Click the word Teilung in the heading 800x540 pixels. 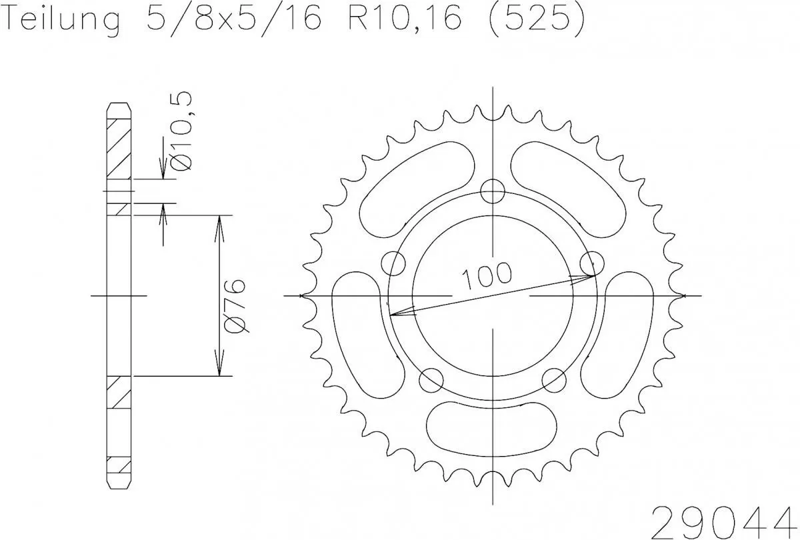click(x=63, y=19)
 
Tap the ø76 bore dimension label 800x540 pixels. click(x=238, y=306)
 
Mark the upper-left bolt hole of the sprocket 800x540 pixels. click(x=393, y=263)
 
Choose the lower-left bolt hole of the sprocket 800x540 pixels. click(x=431, y=381)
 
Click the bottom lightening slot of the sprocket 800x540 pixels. click(x=492, y=428)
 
